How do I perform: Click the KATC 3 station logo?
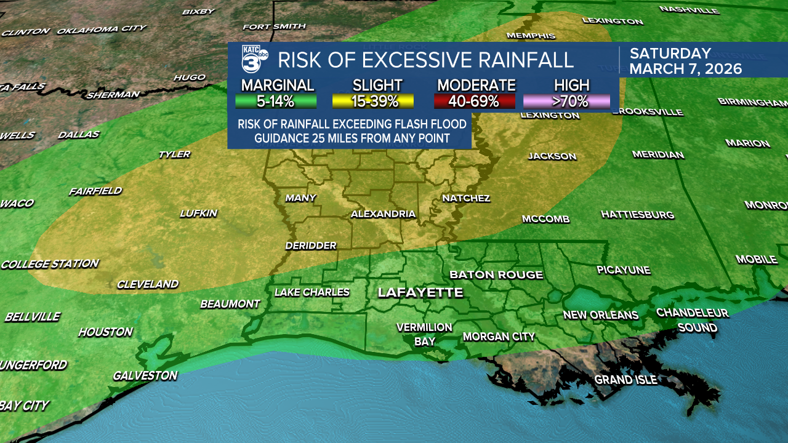(254, 60)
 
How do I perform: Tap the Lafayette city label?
(420, 293)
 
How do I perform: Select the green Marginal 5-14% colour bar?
(276, 102)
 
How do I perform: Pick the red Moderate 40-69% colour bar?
(475, 102)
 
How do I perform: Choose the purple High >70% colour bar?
(566, 102)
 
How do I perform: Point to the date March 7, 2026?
(685, 68)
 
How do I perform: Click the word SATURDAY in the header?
(670, 54)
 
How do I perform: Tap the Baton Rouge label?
(496, 274)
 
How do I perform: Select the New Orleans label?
(601, 315)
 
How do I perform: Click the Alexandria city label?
(383, 214)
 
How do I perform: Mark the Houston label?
(105, 332)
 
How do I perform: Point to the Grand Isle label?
(625, 380)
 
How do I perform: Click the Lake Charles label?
(312, 292)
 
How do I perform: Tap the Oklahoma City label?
(102, 29)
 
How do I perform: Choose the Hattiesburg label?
(637, 215)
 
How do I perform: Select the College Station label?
(50, 264)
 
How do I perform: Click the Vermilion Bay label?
(424, 334)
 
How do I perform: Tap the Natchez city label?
(466, 198)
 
